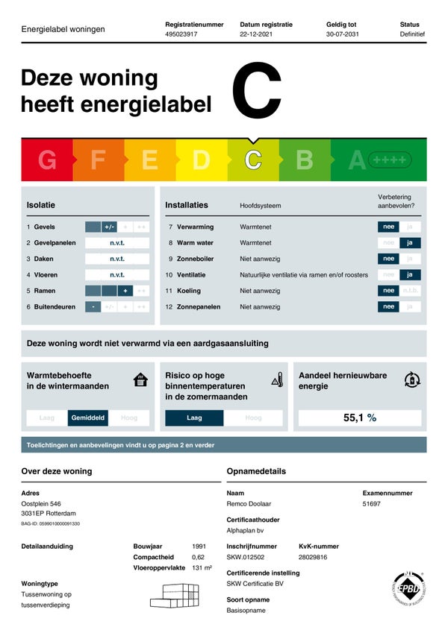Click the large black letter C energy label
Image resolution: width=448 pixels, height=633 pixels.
[256, 91]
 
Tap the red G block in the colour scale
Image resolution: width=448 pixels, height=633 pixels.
[47, 160]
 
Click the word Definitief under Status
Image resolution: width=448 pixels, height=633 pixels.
[412, 34]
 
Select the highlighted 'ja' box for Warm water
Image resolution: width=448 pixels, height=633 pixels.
[410, 243]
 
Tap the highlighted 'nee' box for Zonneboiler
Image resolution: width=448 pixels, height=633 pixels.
[388, 259]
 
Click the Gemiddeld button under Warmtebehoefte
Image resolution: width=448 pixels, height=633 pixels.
[88, 418]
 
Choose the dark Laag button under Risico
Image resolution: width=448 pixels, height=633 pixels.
[194, 418]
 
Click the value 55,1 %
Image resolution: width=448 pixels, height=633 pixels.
[359, 418]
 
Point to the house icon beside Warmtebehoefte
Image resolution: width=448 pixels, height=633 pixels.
[140, 380]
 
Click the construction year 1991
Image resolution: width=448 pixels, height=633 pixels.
[199, 547]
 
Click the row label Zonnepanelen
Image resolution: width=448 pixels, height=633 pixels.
[199, 306]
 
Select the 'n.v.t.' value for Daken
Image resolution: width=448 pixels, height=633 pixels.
[117, 259]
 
